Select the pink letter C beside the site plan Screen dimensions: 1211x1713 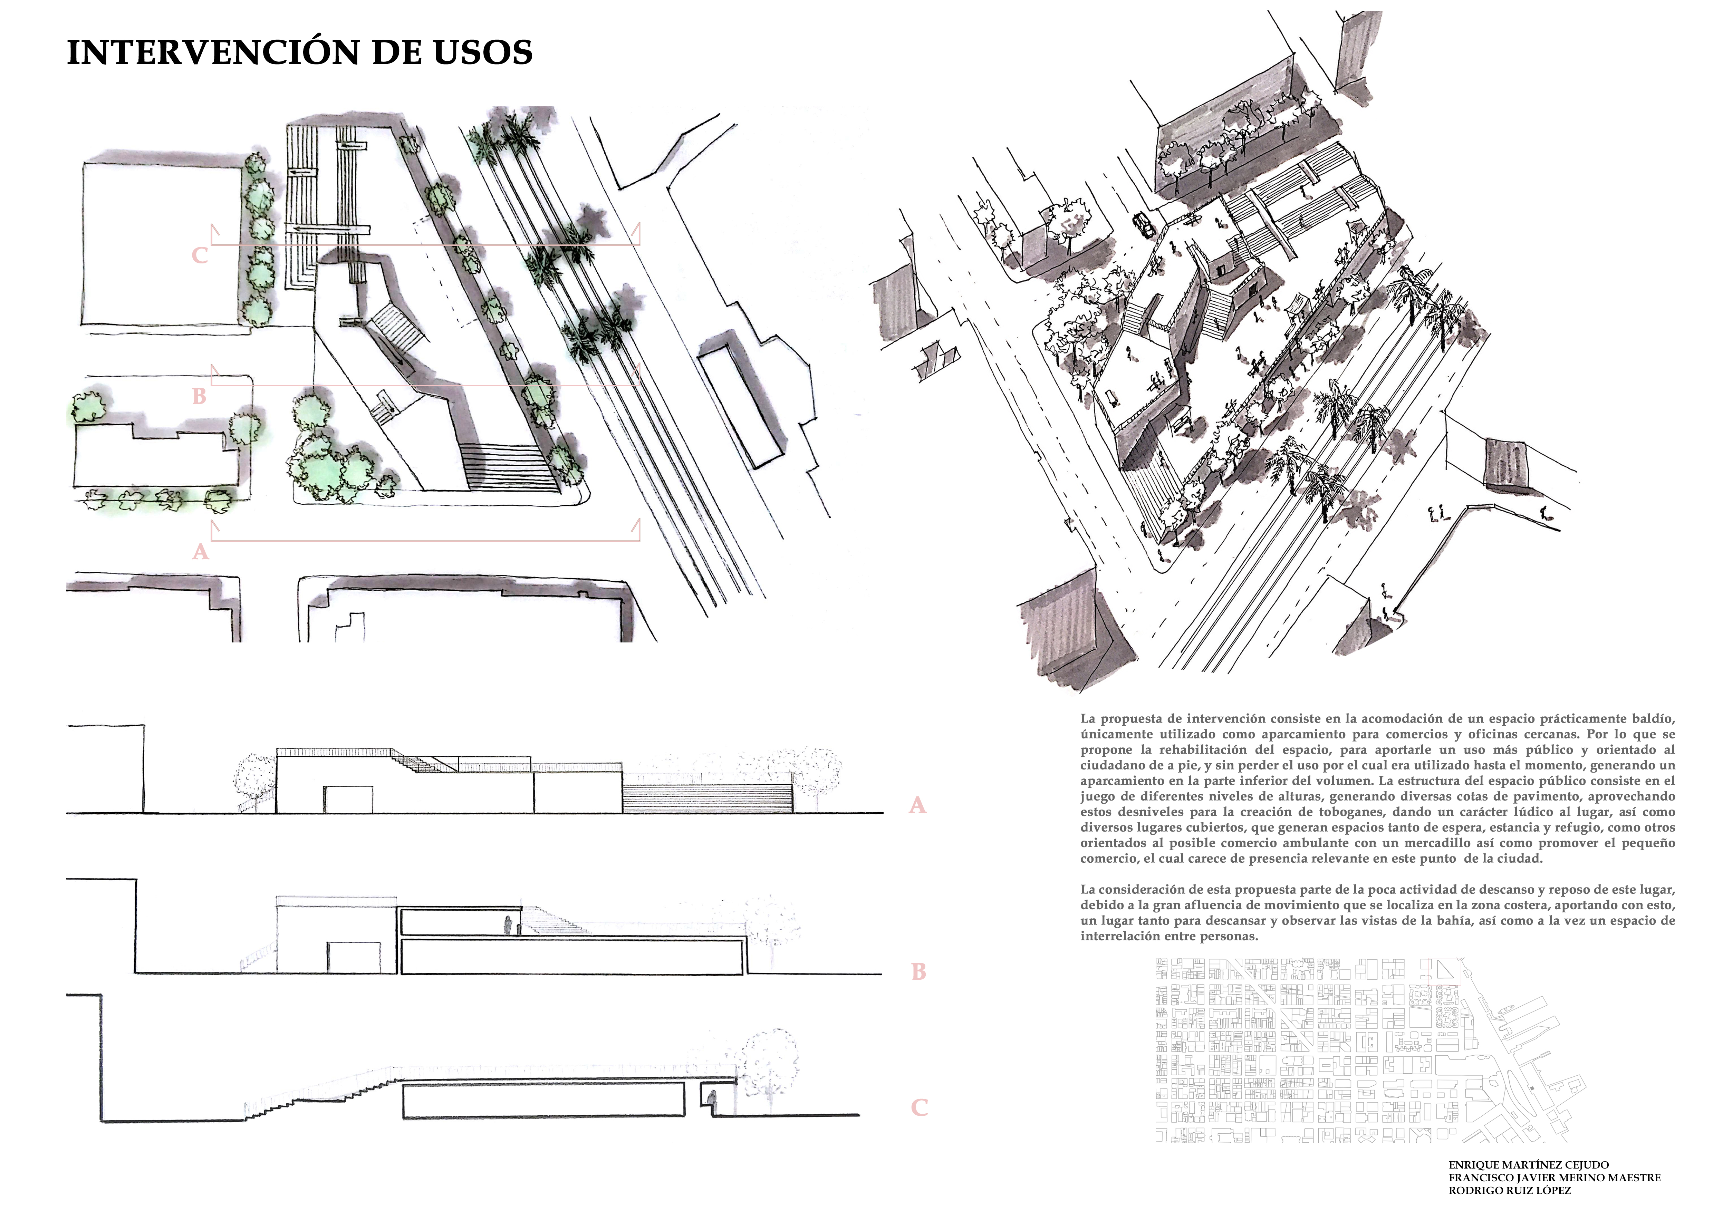pos(199,255)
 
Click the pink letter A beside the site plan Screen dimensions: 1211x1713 pos(200,552)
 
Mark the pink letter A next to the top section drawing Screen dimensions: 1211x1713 pos(917,805)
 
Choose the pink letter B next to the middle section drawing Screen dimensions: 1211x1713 pos(918,972)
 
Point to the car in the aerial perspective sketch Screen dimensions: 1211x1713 pos(1142,223)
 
